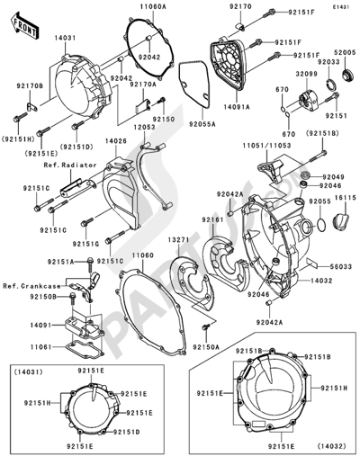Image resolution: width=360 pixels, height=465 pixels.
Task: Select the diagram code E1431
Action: click(340, 6)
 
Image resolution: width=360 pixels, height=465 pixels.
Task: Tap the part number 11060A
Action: click(152, 6)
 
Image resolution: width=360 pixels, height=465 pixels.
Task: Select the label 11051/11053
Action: click(274, 143)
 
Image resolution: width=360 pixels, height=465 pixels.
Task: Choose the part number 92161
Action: click(212, 219)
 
